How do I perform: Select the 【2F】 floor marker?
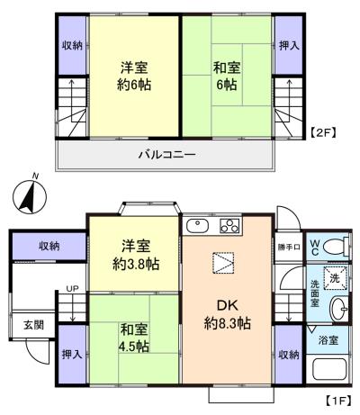pos(323,132)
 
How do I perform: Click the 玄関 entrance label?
pos(32,325)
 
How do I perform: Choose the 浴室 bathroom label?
pos(329,340)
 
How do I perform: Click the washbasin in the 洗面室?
pos(339,310)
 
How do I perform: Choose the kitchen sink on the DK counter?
pos(197,224)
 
